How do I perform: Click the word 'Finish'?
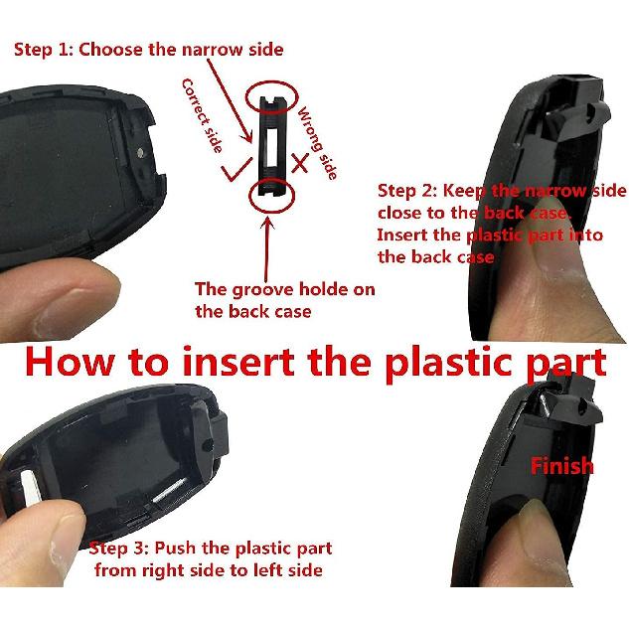[x=561, y=465]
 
